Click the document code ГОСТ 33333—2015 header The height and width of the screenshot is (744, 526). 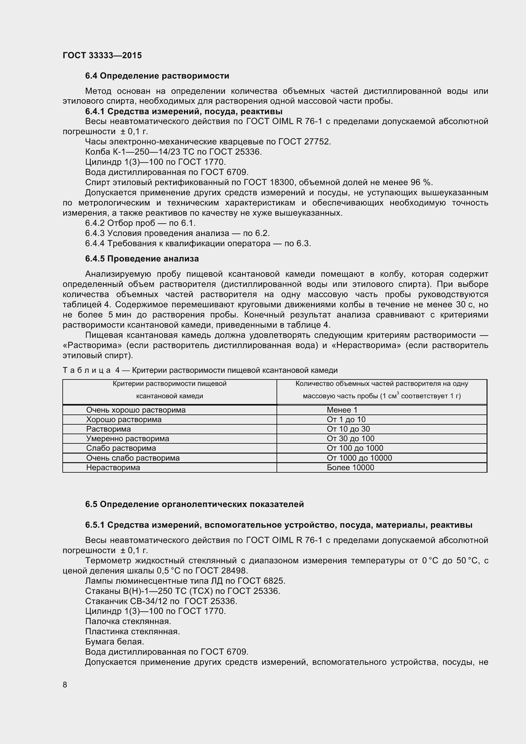tap(102, 55)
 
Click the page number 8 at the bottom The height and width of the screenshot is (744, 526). tap(65, 685)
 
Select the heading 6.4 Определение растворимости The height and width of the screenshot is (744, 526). tap(157, 76)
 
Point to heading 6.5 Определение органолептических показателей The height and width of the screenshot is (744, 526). tap(194, 504)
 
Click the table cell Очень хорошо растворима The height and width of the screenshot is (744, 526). tap(136, 410)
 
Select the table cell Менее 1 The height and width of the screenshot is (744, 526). tap(342, 410)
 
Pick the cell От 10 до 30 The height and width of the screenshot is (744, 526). tap(348, 429)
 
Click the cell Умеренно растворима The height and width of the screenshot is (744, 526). tap(127, 438)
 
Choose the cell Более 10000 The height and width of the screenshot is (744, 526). tap(350, 467)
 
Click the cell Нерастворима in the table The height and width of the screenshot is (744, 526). tap(113, 467)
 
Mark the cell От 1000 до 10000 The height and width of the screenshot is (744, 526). tap(359, 458)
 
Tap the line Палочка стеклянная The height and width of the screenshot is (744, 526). tap(128, 621)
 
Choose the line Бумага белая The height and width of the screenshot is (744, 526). tap(115, 642)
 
